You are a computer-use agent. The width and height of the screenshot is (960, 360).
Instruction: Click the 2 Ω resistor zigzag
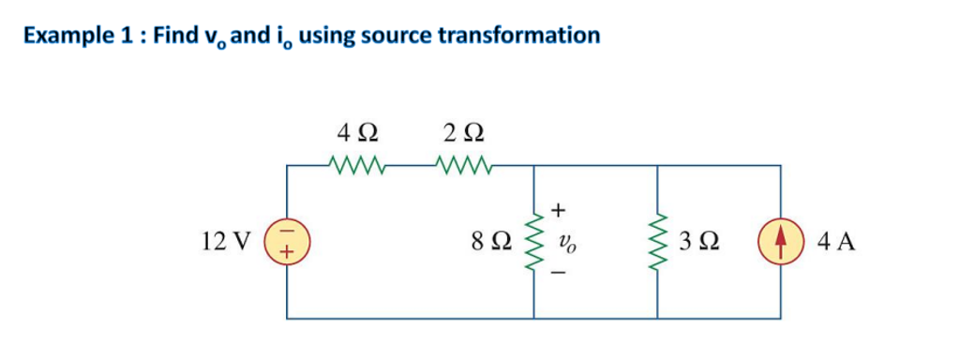[x=463, y=167]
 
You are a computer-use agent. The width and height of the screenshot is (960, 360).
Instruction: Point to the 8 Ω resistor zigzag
[x=534, y=242]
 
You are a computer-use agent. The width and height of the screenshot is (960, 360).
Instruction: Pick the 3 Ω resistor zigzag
[x=657, y=242]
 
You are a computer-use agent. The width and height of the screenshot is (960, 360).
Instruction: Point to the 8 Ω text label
[x=492, y=243]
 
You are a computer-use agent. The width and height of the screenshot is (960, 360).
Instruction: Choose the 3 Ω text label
[x=699, y=243]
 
